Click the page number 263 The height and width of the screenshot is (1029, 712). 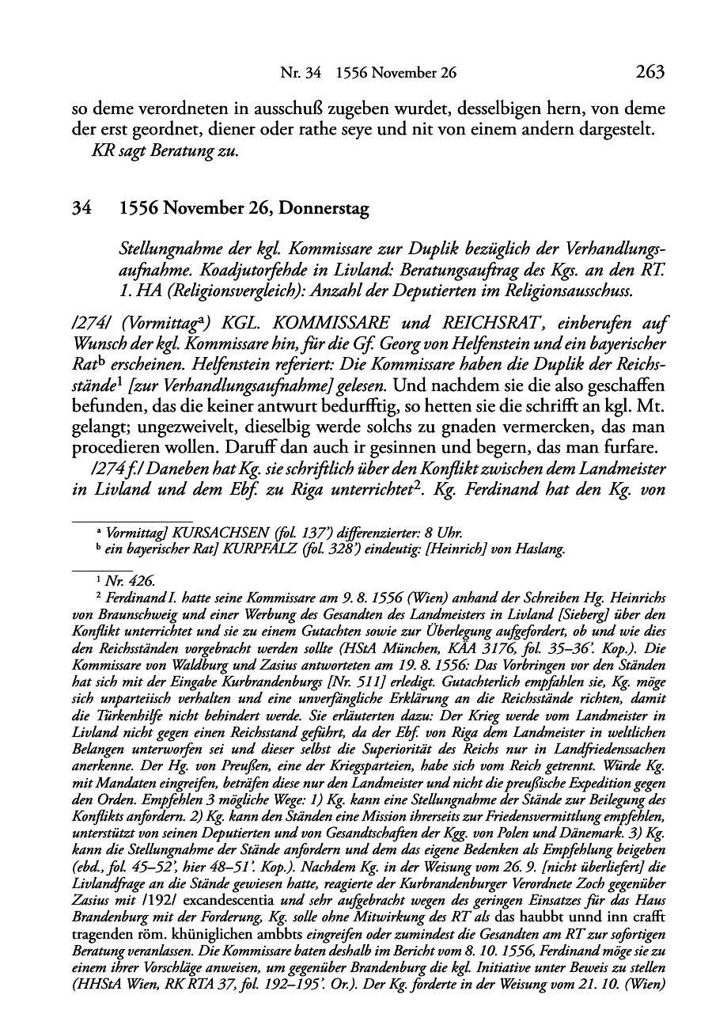point(649,73)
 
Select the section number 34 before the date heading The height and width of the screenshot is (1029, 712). point(80,210)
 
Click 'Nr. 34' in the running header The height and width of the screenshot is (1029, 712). point(301,74)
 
